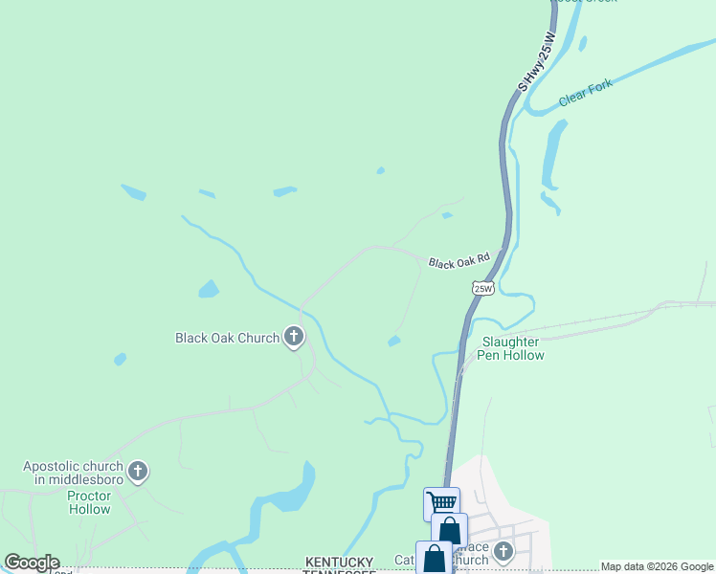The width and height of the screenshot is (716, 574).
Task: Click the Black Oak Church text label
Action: [227, 338]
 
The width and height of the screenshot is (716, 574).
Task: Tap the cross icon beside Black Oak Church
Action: [294, 337]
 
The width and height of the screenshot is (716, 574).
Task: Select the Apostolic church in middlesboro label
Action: [75, 473]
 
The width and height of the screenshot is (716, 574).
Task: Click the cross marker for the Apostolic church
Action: [139, 471]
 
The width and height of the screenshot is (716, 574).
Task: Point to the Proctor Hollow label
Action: [89, 502]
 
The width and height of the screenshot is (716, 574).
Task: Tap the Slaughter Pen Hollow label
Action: [512, 348]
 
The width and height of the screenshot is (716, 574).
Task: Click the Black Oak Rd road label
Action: [459, 260]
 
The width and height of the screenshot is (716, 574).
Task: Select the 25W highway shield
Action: [484, 287]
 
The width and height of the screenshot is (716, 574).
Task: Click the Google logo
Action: [33, 563]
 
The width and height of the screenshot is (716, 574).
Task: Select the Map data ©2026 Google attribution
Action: [657, 566]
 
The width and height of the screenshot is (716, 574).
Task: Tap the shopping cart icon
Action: [441, 502]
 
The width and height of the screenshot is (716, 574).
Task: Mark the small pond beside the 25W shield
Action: [393, 341]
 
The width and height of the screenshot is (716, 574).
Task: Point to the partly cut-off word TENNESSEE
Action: [341, 571]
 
